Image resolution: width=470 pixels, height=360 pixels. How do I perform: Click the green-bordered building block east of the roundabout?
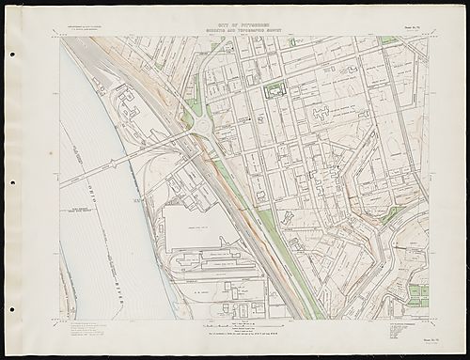point(274,90)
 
